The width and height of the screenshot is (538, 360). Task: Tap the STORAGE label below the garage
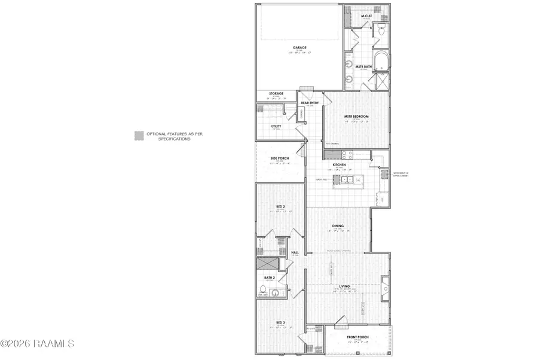click(x=276, y=93)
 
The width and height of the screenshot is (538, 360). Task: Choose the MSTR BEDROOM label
click(x=356, y=116)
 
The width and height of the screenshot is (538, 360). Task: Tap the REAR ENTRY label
click(x=309, y=103)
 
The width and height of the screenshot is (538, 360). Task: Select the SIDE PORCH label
click(x=280, y=158)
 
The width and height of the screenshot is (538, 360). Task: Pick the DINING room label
click(x=338, y=225)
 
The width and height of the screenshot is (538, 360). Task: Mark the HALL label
click(x=295, y=252)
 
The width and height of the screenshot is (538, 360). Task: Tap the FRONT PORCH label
click(x=358, y=337)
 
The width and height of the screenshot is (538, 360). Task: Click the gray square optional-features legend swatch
click(x=138, y=136)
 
